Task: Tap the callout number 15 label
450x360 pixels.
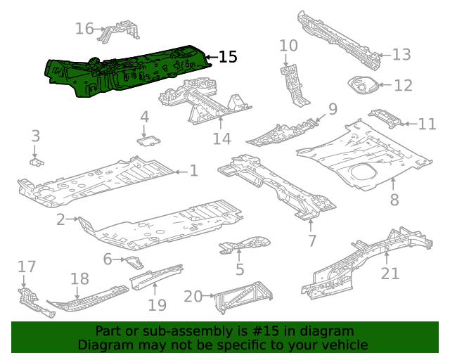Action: tap(229, 57)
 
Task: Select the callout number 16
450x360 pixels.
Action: tap(84, 29)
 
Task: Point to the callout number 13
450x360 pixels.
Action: tap(401, 55)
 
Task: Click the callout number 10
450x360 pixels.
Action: tap(288, 46)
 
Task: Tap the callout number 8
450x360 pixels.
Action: tap(394, 200)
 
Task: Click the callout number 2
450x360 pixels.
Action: tap(60, 220)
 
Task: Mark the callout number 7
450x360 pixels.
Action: tap(311, 241)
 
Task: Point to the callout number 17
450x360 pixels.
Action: tap(27, 267)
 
